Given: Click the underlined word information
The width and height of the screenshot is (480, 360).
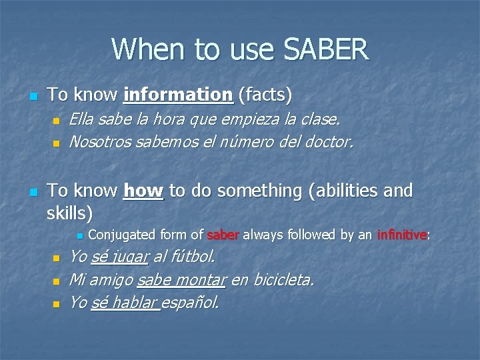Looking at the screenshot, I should point(178,95).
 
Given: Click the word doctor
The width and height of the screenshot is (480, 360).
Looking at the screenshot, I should point(329,141).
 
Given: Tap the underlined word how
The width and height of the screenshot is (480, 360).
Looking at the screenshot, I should point(143,191).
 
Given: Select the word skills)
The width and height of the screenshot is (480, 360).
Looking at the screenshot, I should point(70,213).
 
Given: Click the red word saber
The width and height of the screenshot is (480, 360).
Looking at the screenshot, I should point(223,235).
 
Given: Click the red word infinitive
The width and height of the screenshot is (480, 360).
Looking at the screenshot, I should point(401,235).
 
